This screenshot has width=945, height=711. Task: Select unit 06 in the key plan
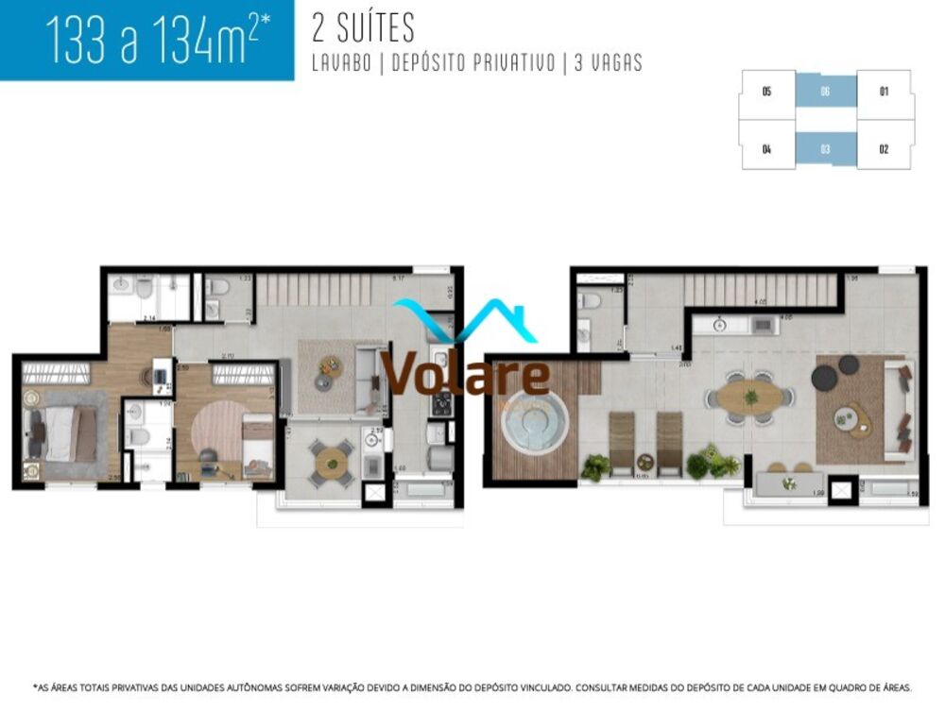click(825, 92)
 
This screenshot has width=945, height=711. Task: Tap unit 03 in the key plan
click(825, 148)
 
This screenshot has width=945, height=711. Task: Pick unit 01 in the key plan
click(884, 92)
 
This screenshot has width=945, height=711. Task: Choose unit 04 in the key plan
click(766, 148)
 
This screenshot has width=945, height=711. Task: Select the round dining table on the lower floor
click(332, 461)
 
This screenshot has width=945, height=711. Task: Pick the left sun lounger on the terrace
click(624, 443)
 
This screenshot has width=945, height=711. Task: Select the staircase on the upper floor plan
click(761, 290)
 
